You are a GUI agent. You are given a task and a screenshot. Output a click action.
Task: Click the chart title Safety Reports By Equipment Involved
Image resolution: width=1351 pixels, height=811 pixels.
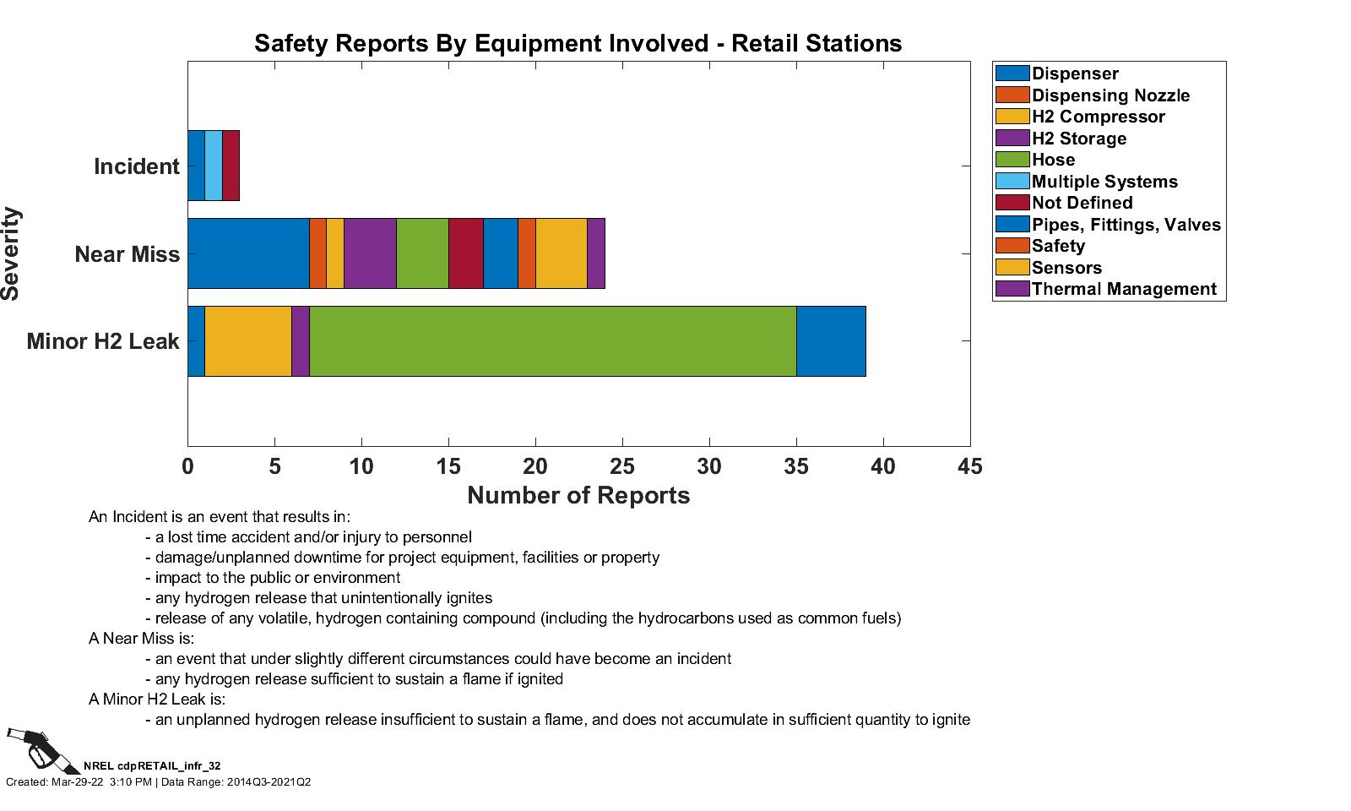578,43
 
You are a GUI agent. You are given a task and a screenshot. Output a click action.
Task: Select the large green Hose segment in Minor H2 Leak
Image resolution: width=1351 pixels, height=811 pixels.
552,341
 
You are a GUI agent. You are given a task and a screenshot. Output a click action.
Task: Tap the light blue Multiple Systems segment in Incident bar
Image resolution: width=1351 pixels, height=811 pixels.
214,166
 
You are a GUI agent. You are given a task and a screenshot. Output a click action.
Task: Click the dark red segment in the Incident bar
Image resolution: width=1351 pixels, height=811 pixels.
231,166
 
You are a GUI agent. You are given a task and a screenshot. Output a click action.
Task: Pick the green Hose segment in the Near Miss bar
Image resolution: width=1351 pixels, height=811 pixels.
422,253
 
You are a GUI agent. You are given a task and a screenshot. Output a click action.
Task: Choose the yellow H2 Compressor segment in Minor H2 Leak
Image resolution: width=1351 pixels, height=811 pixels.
248,341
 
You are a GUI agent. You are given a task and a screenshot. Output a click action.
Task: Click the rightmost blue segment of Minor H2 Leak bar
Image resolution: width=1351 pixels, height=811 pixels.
831,341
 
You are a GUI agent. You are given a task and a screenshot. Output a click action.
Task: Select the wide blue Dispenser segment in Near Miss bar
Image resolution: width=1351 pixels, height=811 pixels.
248,253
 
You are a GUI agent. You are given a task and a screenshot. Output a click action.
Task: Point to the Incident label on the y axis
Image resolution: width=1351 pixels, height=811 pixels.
137,166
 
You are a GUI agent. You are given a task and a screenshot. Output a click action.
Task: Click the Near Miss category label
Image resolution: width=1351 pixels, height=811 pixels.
128,253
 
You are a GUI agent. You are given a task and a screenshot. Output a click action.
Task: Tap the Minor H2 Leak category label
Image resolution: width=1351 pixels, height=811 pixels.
103,341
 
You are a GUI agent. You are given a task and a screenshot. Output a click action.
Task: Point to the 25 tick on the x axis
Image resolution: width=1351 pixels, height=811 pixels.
622,466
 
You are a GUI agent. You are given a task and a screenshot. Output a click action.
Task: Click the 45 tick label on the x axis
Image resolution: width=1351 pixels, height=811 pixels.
970,466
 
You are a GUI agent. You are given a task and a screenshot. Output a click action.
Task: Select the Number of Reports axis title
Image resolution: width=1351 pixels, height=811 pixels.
578,495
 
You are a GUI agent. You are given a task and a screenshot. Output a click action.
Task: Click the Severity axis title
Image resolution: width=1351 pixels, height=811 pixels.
11,253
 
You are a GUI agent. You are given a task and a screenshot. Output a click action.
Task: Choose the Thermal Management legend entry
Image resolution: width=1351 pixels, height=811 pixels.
1123,289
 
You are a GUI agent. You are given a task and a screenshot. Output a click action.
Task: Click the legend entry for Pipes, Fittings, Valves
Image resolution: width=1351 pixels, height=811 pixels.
1126,225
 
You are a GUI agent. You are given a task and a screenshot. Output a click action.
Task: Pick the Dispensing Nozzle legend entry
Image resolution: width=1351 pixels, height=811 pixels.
1110,95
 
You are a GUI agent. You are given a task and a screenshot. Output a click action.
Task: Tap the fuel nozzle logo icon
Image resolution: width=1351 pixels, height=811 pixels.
41,749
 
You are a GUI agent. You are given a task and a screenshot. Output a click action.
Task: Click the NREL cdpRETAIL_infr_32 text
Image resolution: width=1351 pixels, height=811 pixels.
152,765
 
